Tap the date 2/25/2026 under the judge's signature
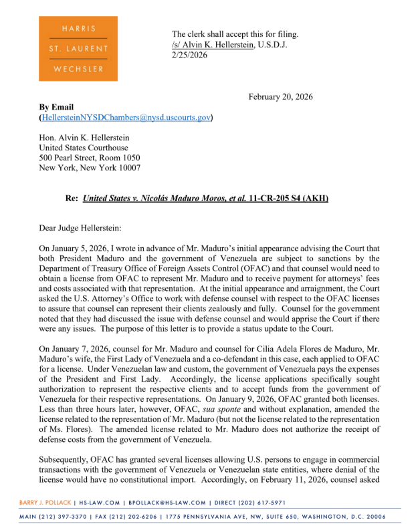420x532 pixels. pyautogui.click(x=189, y=55)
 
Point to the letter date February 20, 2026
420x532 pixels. pyautogui.click(x=280, y=97)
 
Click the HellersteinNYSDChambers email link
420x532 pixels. pyautogui.click(x=126, y=118)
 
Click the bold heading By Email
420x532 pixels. pyautogui.click(x=57, y=107)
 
